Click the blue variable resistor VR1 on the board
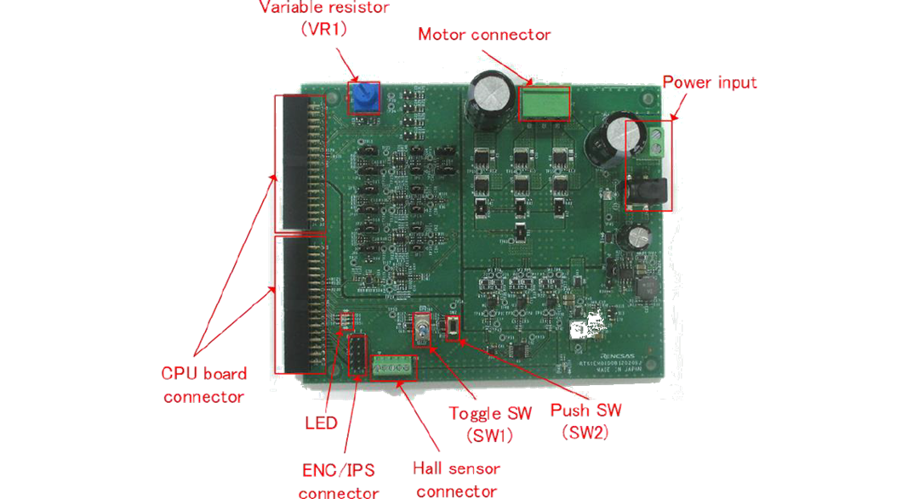363,97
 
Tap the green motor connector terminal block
544,103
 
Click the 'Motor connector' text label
484,35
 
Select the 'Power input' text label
709,82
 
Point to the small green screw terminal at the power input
656,142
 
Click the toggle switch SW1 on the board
422,328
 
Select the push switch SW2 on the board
453,326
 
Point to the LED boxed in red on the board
345,320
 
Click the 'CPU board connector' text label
204,385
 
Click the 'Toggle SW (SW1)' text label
490,422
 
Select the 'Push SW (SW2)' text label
585,420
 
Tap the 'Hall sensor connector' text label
456,479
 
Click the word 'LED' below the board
321,423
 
